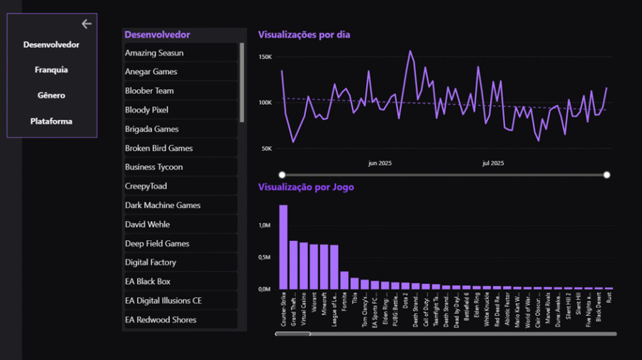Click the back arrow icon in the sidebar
pos(86,24)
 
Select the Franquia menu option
pos(51,70)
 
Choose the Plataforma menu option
pos(51,121)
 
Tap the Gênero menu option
pos(51,96)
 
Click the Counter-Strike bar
pos(283,247)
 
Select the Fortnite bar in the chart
pos(344,280)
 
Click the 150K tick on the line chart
pos(265,56)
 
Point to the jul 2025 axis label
pos(493,163)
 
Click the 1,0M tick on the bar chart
pos(264,225)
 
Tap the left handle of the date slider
pos(282,175)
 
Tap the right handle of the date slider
pos(607,175)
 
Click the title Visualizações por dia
pos(304,34)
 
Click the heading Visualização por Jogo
pos(306,187)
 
